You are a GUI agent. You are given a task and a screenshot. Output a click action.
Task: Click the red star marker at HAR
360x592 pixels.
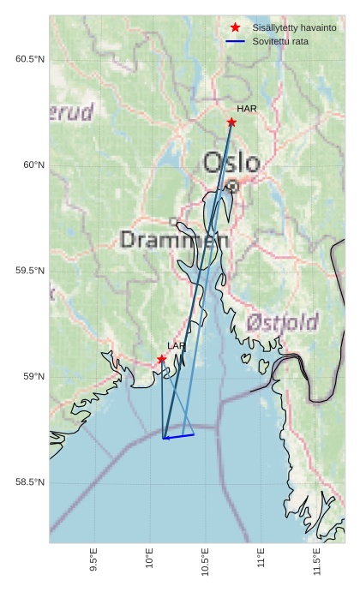231,123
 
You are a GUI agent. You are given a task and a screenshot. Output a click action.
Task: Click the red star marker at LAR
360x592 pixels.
161,359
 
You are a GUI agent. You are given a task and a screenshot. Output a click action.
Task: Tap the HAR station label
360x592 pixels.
247,109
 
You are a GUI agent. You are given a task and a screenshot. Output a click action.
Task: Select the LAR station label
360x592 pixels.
177,346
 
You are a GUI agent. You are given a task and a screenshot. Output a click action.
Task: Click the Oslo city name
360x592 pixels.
231,162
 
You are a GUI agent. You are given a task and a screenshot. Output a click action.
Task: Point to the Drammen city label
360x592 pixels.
175,240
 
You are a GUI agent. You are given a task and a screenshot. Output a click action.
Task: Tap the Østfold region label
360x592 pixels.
283,323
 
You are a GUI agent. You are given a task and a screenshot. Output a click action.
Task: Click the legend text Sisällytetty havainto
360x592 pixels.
294,27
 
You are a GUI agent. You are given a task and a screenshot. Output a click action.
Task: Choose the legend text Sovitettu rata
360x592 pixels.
281,41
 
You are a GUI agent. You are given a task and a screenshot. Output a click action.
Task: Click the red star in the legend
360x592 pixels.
235,27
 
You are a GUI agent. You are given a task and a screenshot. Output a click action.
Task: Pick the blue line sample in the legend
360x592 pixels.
235,41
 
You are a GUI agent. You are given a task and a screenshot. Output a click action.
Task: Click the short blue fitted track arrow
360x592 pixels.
178,436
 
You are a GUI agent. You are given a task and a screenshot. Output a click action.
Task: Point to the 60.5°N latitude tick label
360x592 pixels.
30,59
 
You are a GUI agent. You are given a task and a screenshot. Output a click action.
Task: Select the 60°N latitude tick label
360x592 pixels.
33,164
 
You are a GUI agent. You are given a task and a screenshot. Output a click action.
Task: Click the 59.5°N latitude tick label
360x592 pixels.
30,271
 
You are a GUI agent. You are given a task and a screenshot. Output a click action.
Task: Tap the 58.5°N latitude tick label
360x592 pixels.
30,482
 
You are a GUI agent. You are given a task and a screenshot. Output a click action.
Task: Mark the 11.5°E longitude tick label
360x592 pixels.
317,562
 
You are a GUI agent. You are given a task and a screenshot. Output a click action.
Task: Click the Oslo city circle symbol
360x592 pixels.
232,184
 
